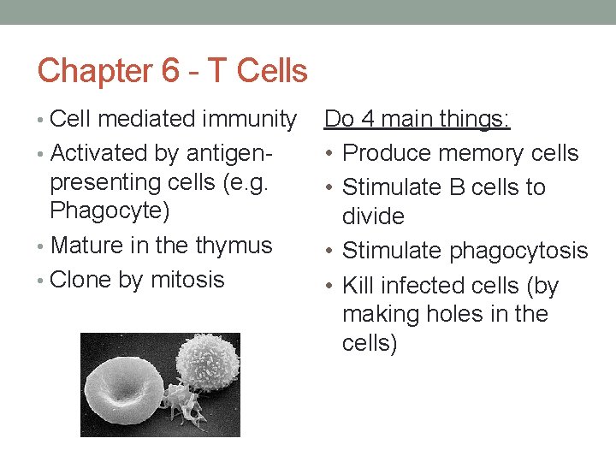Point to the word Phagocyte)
[x=110, y=210]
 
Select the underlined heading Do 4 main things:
[x=418, y=120]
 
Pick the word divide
[x=373, y=216]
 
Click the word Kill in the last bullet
[x=357, y=285]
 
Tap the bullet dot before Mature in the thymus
[x=42, y=246]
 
